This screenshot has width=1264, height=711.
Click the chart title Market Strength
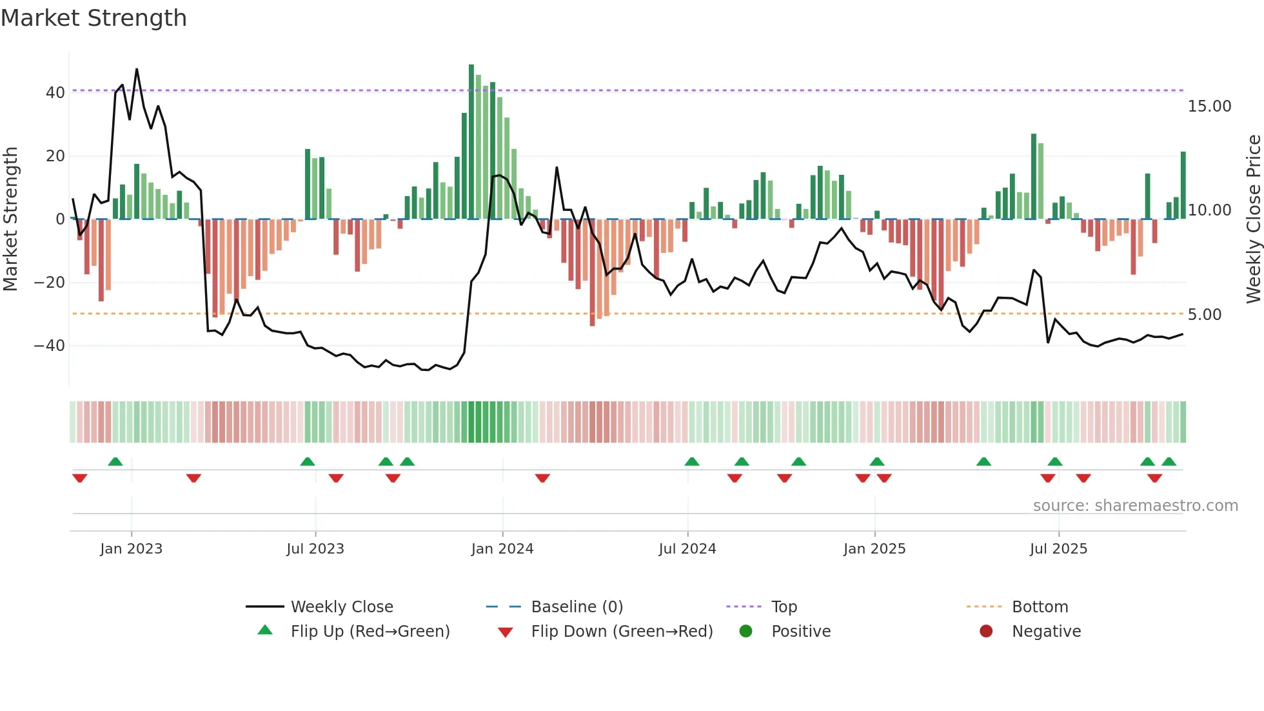pos(94,18)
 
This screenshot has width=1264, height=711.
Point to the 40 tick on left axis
pos(55,93)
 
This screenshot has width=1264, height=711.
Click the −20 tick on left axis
pos(49,283)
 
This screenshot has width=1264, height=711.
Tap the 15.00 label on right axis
pos(1209,106)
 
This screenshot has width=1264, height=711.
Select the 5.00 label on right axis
pos(1204,315)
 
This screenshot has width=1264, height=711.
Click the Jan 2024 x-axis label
pos(502,549)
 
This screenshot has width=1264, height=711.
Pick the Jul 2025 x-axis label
pos(1058,549)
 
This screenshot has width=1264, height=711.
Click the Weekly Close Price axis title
pos(1253,219)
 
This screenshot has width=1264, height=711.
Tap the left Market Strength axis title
pos(10,219)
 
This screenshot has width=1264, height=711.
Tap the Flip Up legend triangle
pos(265,630)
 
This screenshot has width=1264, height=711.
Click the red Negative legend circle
pos(986,631)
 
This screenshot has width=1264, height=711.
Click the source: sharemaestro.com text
pos(1135,506)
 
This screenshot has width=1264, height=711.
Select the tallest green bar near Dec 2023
pos(471,142)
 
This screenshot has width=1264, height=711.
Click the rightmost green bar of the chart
pos(1183,186)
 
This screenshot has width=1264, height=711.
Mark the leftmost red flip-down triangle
pos(80,477)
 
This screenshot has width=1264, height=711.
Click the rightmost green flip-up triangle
pos(1169,462)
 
